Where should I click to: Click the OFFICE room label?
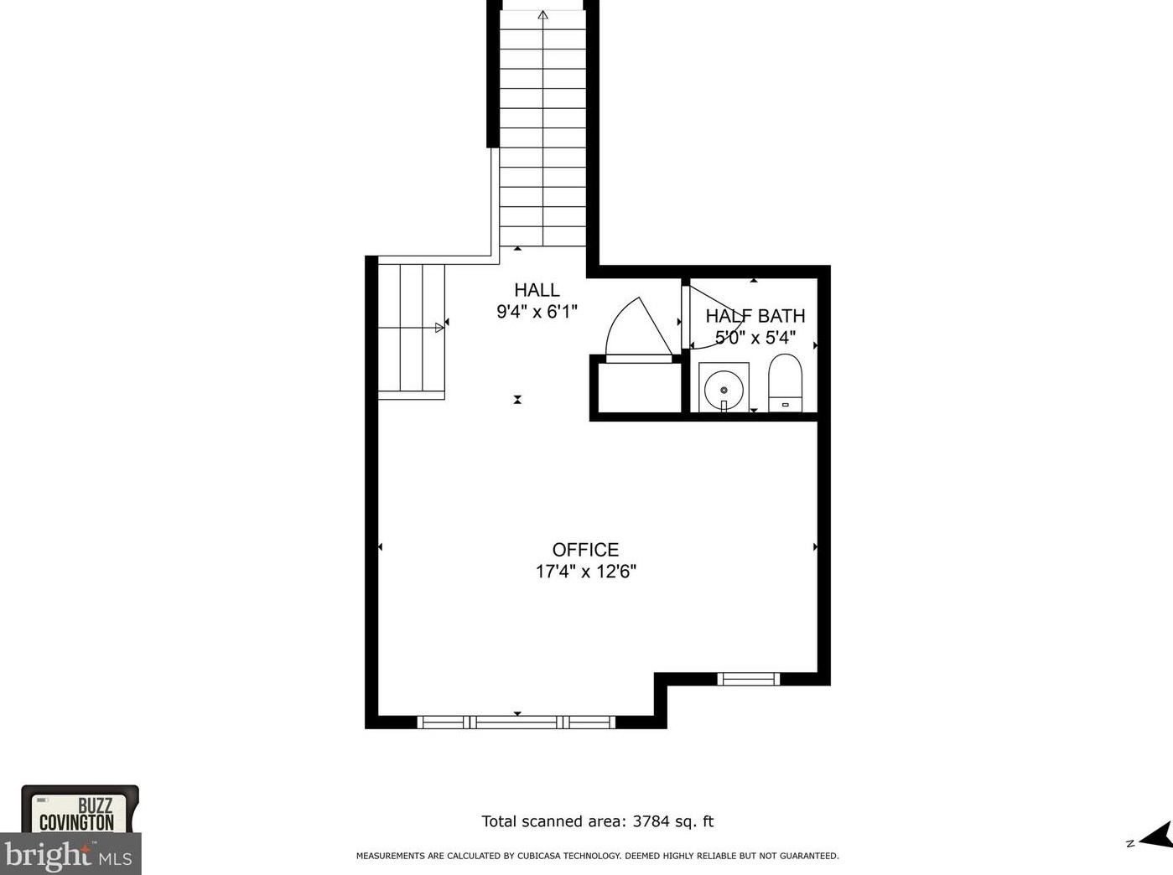click(585, 550)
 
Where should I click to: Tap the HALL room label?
click(537, 290)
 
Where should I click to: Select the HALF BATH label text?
click(755, 316)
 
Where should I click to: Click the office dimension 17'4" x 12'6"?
click(586, 572)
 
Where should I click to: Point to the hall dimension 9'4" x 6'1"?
click(537, 312)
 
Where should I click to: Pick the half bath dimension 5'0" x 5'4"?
click(755, 338)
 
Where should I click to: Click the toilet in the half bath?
click(785, 382)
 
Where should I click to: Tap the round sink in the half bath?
click(724, 390)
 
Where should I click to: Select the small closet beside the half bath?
click(639, 388)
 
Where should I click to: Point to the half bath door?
click(714, 317)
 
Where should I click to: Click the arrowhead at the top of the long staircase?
click(543, 15)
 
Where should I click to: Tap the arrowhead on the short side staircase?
click(439, 328)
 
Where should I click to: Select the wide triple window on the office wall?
click(516, 722)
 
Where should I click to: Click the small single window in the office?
click(748, 679)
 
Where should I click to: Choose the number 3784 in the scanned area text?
click(651, 821)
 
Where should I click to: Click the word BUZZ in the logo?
click(95, 805)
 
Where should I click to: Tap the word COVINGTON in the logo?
click(77, 823)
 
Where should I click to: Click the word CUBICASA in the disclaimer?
click(537, 856)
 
